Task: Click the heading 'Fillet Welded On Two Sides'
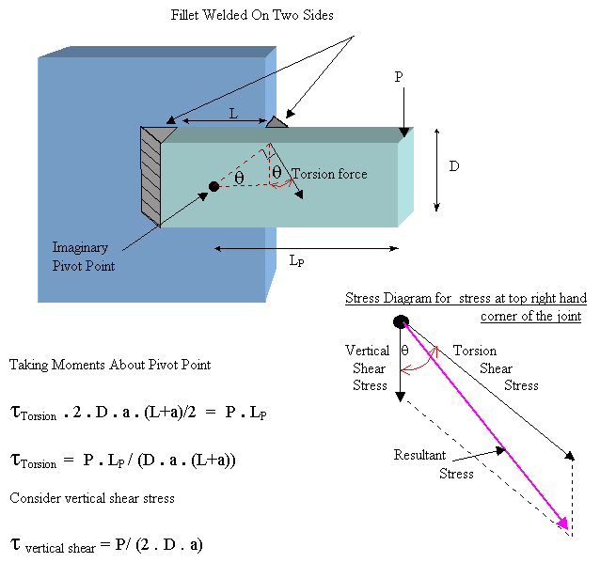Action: pos(252,15)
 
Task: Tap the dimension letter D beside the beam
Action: pos(453,166)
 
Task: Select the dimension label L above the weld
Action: pos(233,114)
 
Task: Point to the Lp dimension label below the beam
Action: pos(296,261)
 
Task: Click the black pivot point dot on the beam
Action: pos(214,187)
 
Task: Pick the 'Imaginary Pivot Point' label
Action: pos(86,257)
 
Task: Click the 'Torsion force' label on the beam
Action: pos(329,174)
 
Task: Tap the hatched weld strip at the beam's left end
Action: pos(150,176)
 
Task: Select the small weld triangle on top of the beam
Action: pos(276,121)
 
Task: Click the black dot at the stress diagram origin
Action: pos(401,322)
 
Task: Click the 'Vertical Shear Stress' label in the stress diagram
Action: pos(369,368)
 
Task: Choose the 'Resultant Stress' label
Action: pos(420,464)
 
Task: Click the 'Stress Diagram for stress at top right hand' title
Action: pos(466,299)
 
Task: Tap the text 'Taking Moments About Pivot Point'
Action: pos(110,365)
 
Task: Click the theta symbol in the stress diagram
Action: pos(405,351)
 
